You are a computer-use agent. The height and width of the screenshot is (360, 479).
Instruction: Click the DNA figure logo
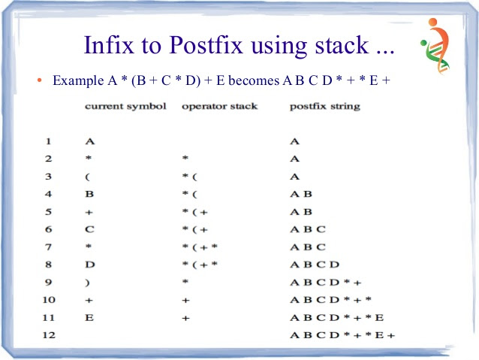click(x=435, y=45)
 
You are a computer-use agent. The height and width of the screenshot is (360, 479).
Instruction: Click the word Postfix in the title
click(x=206, y=45)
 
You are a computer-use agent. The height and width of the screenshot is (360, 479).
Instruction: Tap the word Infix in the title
click(x=109, y=45)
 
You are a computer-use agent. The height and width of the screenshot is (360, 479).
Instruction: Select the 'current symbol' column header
click(x=125, y=107)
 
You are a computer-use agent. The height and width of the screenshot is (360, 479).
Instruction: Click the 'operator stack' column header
click(x=220, y=107)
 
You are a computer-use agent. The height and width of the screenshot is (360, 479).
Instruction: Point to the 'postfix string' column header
click(x=325, y=107)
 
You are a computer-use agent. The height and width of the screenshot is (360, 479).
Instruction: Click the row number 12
click(x=49, y=335)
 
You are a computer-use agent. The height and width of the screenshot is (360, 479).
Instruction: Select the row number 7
click(x=48, y=247)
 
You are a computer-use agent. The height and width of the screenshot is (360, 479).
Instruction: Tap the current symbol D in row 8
click(x=90, y=265)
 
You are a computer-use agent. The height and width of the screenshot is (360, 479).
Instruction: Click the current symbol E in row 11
click(x=89, y=318)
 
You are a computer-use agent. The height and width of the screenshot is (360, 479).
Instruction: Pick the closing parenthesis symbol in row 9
click(x=87, y=283)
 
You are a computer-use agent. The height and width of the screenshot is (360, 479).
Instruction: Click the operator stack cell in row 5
click(x=195, y=212)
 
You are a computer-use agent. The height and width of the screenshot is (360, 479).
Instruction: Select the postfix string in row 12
click(x=342, y=335)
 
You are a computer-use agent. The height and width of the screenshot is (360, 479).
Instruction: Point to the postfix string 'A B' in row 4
click(x=301, y=194)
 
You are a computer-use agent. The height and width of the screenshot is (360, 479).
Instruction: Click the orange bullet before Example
click(x=39, y=80)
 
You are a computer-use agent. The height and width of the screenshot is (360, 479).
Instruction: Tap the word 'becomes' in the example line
click(x=254, y=80)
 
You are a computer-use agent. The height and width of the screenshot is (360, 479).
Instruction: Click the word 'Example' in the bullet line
click(x=78, y=80)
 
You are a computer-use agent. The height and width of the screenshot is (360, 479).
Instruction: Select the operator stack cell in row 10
click(x=185, y=301)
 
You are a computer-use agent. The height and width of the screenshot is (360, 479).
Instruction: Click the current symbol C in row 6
click(x=89, y=229)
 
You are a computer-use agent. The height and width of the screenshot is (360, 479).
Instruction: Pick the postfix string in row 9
click(x=326, y=283)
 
